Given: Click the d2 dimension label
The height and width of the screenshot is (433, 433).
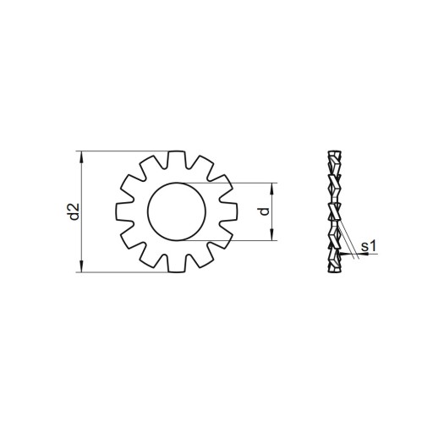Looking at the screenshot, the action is (x=74, y=211).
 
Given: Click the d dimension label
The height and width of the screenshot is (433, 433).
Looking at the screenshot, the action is (x=265, y=211).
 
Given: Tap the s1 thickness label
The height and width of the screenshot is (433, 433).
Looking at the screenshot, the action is (x=369, y=246).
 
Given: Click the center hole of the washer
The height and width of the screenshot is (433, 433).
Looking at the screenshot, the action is (x=177, y=211).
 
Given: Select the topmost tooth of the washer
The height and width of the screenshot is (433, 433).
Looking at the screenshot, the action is (x=177, y=160).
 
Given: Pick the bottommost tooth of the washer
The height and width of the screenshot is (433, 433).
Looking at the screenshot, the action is (x=177, y=263).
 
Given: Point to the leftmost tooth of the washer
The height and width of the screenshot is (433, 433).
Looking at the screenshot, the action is (x=125, y=211).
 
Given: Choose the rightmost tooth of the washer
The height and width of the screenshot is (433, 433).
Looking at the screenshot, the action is (x=228, y=211).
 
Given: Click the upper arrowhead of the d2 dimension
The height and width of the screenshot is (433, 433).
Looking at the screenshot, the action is (x=82, y=156).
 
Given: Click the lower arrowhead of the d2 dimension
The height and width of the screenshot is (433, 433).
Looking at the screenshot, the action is (x=82, y=266).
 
